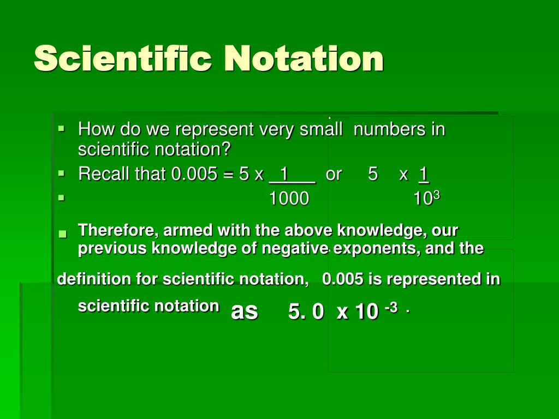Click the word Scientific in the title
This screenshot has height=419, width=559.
point(123,58)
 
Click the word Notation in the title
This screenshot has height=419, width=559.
point(304,58)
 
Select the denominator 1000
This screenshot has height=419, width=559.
point(289,199)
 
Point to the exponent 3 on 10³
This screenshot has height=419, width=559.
point(437,195)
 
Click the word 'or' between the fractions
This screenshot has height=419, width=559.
point(334,175)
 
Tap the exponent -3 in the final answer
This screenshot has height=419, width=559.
point(391,307)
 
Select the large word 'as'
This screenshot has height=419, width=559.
point(244,312)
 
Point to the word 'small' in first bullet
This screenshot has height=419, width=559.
point(321,129)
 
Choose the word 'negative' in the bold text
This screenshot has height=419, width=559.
point(295,248)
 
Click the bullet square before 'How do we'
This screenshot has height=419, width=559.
point(62,128)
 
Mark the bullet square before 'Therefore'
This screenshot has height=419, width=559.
point(63,234)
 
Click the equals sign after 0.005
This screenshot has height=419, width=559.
point(228,175)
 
